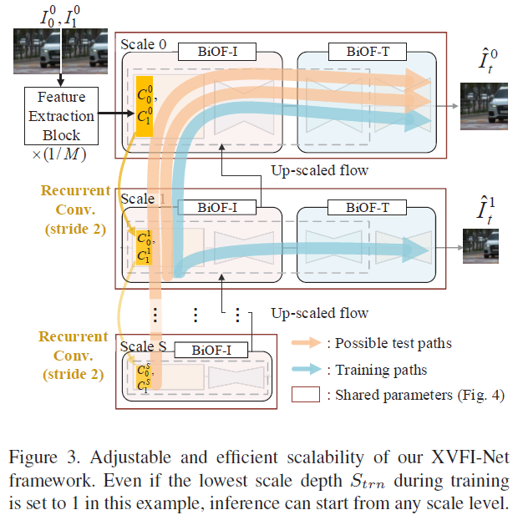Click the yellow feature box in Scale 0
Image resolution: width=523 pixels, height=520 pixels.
(147, 108)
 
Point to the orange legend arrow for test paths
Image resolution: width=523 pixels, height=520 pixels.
(307, 342)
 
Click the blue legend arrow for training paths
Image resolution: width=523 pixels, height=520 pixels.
(307, 370)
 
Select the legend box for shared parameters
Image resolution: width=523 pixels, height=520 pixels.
(307, 396)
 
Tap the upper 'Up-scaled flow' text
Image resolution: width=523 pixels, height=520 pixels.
(318, 170)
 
